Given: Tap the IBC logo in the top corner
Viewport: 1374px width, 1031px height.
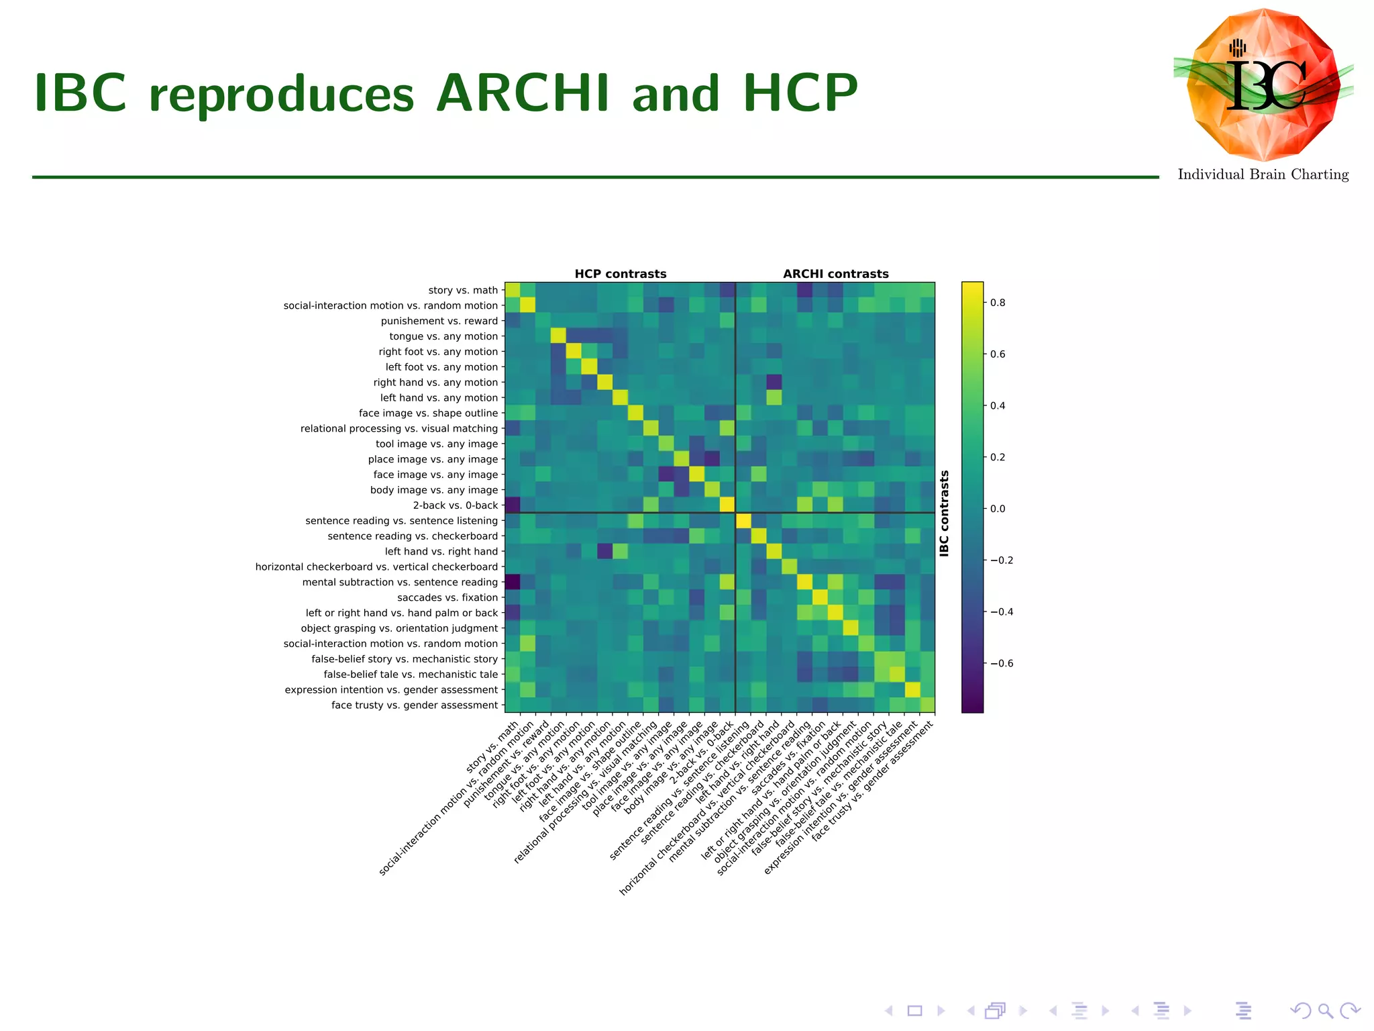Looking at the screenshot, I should click(x=1263, y=85).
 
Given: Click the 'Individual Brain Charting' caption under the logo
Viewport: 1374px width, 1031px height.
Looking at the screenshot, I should click(x=1263, y=175).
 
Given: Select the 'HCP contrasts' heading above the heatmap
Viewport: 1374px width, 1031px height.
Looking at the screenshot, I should click(x=620, y=274).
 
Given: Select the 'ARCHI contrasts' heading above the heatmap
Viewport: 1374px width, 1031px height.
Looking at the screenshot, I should click(x=835, y=274).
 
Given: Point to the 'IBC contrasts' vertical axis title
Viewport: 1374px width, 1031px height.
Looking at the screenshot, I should click(x=945, y=513).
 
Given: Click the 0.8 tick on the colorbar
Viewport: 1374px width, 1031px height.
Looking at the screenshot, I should click(x=998, y=303).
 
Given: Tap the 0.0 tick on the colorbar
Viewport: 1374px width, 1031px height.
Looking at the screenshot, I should click(x=998, y=509).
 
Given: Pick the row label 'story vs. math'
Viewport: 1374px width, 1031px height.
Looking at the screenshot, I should click(x=463, y=290).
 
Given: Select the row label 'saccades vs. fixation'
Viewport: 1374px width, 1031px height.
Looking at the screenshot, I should click(x=447, y=597).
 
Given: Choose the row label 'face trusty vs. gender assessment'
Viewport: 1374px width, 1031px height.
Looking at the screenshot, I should click(x=415, y=705).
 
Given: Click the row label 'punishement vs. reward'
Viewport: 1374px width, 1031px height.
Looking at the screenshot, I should click(x=439, y=321).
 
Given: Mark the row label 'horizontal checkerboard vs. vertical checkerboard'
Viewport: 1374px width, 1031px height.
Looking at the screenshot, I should click(x=376, y=567).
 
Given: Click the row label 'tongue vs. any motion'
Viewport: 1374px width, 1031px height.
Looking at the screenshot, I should click(x=443, y=336).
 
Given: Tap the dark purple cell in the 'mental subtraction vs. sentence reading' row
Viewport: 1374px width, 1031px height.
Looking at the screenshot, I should click(x=513, y=582).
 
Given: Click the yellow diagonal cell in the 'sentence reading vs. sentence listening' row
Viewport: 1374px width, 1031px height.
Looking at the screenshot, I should click(x=743, y=521).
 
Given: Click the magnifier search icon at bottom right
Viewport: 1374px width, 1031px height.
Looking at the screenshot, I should click(x=1325, y=1010).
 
